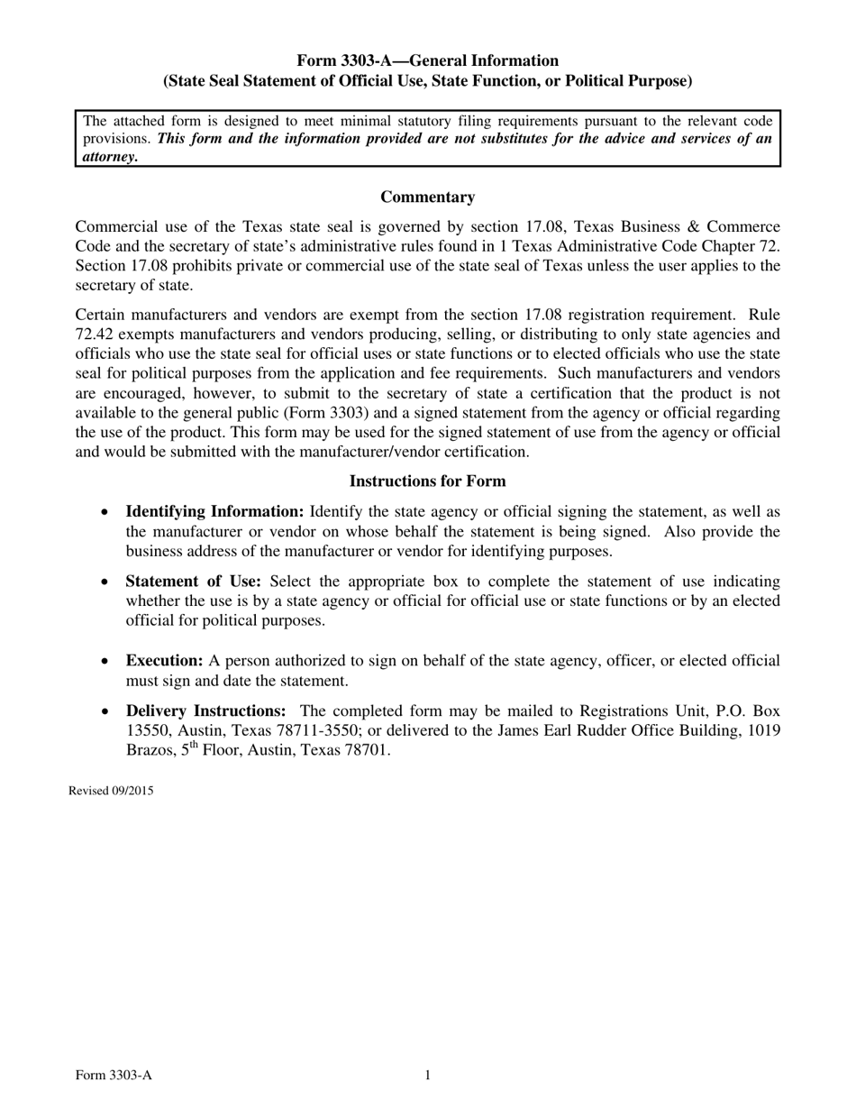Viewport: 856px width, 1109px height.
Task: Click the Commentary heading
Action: pos(427,197)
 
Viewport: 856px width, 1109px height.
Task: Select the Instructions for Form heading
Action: pos(427,481)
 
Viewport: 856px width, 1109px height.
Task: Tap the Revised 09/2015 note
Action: pos(111,792)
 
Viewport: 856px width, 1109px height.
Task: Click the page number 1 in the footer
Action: pos(428,1075)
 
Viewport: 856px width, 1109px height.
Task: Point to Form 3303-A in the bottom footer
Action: pos(114,1075)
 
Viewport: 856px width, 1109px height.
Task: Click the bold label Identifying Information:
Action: pos(214,512)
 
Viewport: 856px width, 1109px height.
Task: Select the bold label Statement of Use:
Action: pos(193,582)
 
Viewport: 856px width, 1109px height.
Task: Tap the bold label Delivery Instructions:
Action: pos(205,710)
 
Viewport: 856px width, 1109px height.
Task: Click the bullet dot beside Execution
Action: pos(106,662)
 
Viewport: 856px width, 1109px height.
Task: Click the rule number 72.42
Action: pos(96,335)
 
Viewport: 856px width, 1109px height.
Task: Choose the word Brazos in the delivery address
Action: pos(100,750)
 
